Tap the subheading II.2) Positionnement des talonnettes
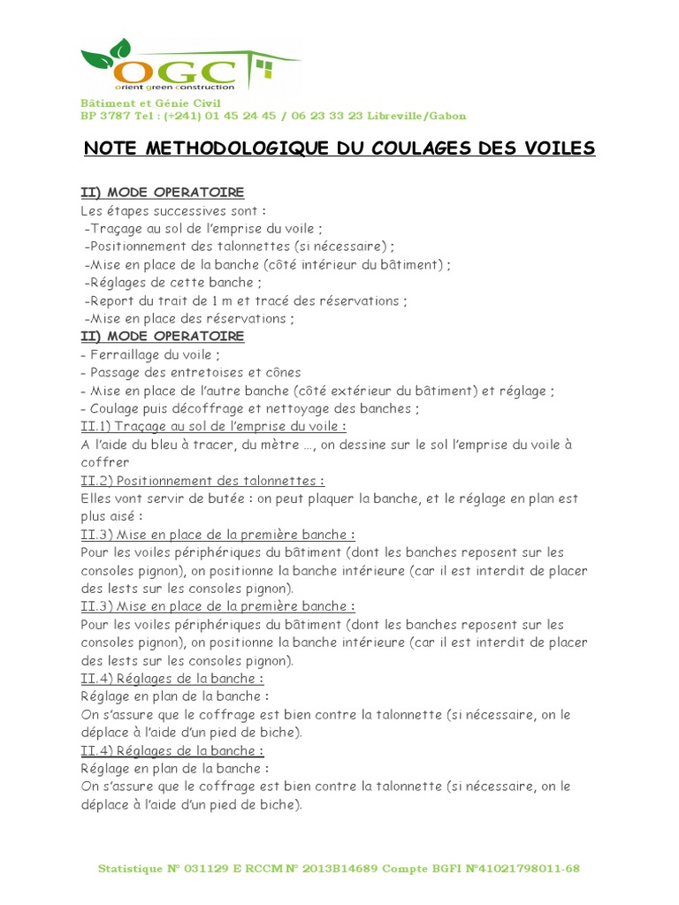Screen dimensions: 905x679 pyautogui.click(x=202, y=480)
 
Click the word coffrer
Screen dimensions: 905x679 pyautogui.click(x=104, y=462)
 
